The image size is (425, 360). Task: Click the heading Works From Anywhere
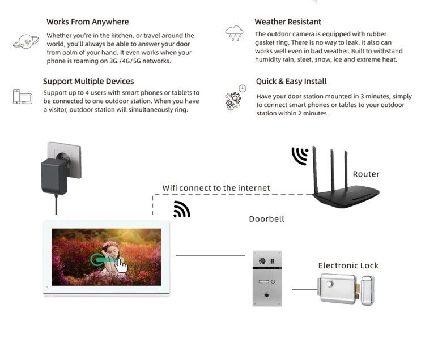tap(87, 22)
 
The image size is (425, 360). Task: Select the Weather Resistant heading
tap(288, 22)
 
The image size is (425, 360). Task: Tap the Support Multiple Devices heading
tap(88, 81)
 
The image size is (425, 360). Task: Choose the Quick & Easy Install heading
tap(291, 81)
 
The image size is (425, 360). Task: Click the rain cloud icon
tap(234, 33)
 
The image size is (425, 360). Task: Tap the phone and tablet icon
tap(23, 97)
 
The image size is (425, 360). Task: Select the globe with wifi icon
tap(26, 41)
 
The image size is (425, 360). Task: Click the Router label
tap(366, 174)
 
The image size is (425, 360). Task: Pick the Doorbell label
tap(267, 219)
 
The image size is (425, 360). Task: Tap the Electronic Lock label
tap(348, 265)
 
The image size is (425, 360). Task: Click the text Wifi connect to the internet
tap(216, 188)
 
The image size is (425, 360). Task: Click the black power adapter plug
tap(54, 176)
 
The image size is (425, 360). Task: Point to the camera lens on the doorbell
tap(262, 261)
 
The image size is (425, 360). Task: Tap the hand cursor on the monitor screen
tap(121, 265)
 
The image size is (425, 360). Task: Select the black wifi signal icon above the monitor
tap(182, 209)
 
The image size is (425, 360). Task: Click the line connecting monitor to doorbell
tap(210, 255)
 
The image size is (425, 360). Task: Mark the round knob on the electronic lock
tap(330, 284)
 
